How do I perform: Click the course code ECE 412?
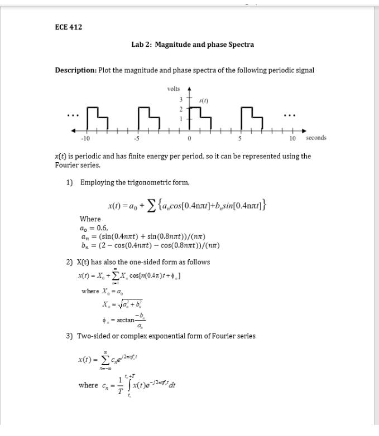(69, 27)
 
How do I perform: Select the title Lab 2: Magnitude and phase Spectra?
(193, 44)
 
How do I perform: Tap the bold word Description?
(75, 70)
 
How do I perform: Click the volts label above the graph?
(174, 89)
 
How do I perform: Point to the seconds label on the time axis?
(315, 138)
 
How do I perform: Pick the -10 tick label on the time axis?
(85, 138)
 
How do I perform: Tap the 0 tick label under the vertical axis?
(190, 138)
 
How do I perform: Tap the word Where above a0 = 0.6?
(90, 219)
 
